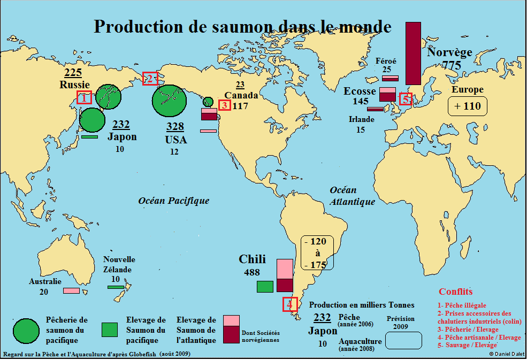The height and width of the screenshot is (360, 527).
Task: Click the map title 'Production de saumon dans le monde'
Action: pyautogui.click(x=242, y=27)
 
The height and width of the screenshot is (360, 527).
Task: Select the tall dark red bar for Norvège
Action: pyautogui.click(x=413, y=53)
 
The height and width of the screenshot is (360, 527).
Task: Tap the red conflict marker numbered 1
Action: pyautogui.click(x=84, y=97)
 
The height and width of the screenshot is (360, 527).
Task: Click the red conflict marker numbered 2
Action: pyautogui.click(x=150, y=78)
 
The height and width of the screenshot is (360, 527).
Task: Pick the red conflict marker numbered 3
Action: pyautogui.click(x=225, y=105)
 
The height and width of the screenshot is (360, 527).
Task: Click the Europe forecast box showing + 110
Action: pyautogui.click(x=468, y=106)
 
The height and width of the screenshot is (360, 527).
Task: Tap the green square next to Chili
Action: pyautogui.click(x=265, y=286)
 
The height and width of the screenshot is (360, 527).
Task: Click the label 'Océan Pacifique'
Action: pyautogui.click(x=174, y=201)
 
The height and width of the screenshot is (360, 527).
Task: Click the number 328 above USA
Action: pyautogui.click(x=175, y=127)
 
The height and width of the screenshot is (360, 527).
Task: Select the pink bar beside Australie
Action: pyautogui.click(x=71, y=290)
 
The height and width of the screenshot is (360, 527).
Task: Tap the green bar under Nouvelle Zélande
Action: pyautogui.click(x=116, y=287)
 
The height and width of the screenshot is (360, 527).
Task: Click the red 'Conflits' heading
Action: pyautogui.click(x=455, y=292)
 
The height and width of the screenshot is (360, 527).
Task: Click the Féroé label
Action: pyautogui.click(x=386, y=60)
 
